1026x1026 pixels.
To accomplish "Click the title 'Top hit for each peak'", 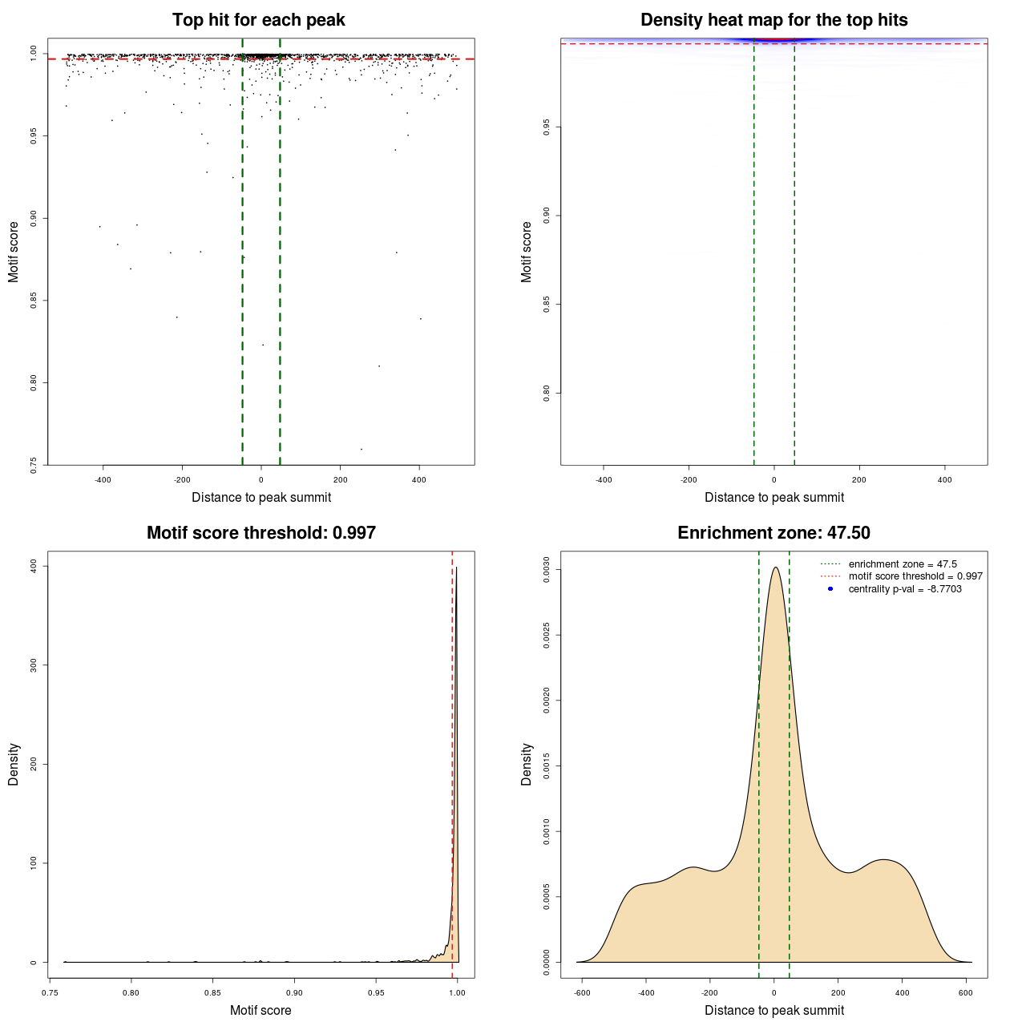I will point(258,20).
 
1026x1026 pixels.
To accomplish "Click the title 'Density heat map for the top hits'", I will point(774,20).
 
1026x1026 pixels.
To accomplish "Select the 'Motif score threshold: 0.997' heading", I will point(261,533).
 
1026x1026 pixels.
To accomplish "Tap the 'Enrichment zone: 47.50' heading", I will point(774,533).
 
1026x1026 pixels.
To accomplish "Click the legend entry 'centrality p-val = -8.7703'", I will point(904,589).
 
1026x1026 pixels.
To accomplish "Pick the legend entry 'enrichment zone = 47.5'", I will point(902,564).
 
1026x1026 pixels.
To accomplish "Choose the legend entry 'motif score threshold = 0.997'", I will point(915,576).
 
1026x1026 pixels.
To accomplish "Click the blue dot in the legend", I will point(830,589).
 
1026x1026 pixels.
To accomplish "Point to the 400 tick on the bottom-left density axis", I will point(34,566).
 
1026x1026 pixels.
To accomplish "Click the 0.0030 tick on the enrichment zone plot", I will point(547,570).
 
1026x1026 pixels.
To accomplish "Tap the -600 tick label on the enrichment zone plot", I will point(582,992).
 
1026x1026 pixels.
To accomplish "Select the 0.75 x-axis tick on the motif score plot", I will point(50,992).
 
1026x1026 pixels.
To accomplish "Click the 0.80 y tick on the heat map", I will point(547,393).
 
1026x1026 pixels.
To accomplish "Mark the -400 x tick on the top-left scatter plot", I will point(103,479).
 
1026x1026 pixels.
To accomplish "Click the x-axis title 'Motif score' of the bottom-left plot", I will point(261,1010).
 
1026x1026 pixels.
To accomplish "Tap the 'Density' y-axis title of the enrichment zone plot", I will point(527,764).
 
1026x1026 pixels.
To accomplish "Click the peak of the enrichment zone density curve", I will point(775,568).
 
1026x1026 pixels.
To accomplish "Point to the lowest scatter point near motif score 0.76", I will point(362,449).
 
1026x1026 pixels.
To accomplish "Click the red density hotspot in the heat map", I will point(774,39).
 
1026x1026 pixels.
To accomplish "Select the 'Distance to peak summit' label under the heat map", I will point(774,497).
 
